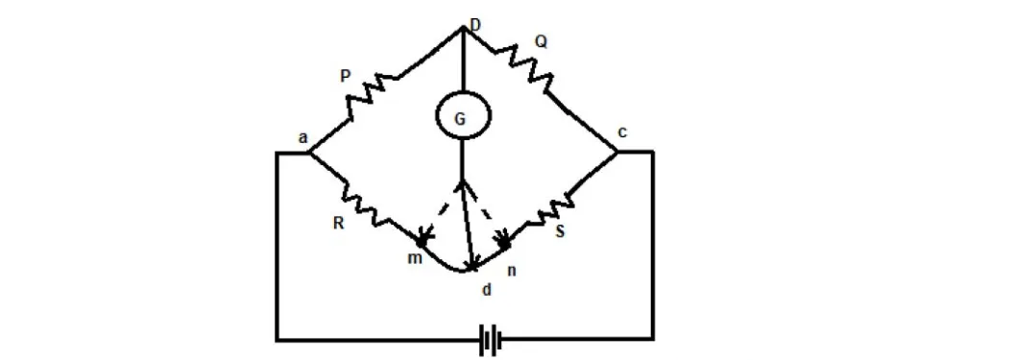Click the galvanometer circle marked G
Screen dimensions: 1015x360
coord(464,117)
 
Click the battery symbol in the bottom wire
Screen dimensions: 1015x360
coord(491,339)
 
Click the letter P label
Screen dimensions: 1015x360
coord(346,75)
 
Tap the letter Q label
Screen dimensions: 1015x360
coord(542,41)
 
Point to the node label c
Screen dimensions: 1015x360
coord(621,132)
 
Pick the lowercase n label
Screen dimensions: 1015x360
coord(511,271)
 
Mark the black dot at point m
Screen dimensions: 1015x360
coord(421,243)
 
